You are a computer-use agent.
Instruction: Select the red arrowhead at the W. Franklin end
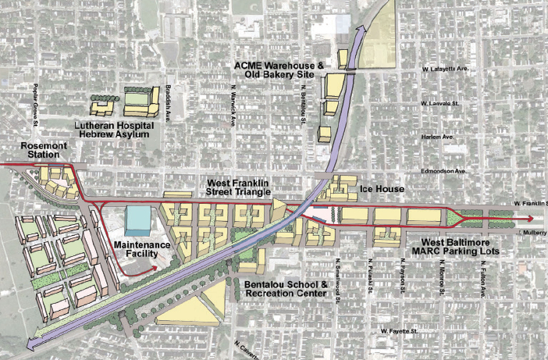point(533,219)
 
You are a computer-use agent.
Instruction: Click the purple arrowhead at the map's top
point(361,30)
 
